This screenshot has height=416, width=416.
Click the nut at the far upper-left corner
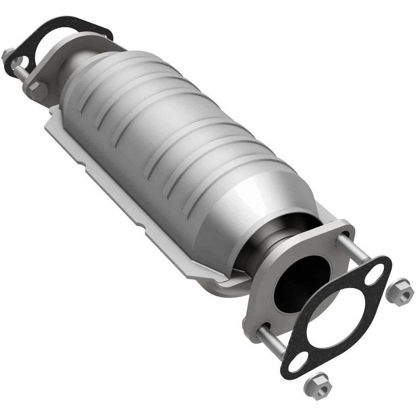[x=7, y=55]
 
